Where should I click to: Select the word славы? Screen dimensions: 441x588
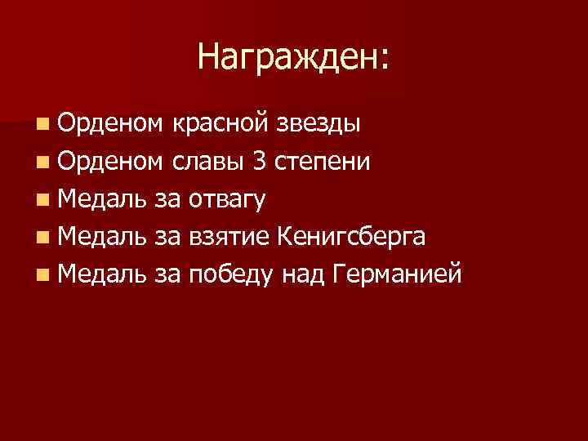208,161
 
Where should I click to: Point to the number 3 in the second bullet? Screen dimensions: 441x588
260,161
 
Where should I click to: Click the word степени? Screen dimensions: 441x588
324,161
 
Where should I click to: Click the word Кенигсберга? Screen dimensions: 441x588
350,236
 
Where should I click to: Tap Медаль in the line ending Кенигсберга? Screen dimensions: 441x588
102,236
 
